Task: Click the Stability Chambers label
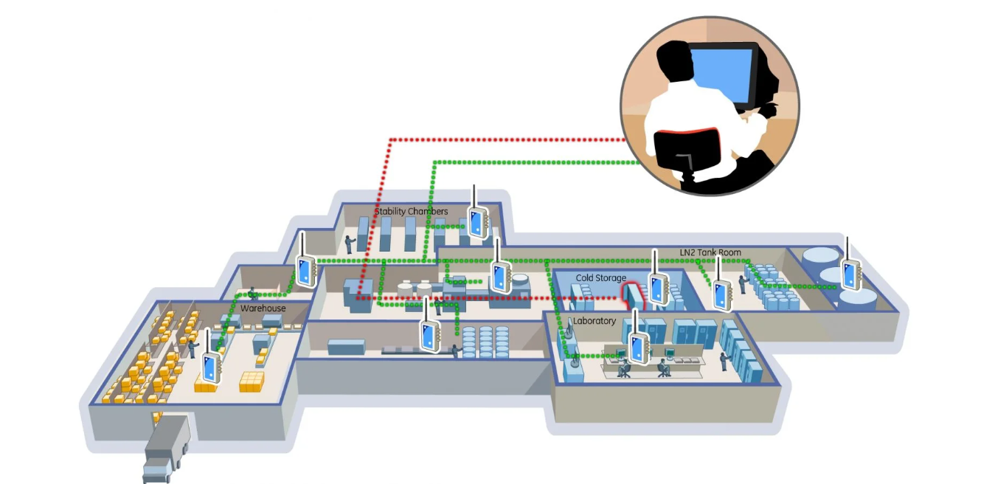[x=411, y=212]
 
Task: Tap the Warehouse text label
[x=263, y=308]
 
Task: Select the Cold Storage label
[x=601, y=278]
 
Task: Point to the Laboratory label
[x=595, y=321]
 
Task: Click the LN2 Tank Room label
[x=710, y=252]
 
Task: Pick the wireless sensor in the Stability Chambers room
[x=476, y=221]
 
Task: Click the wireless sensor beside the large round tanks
[x=852, y=274]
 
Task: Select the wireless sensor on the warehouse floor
[x=212, y=366]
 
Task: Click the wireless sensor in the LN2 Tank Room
[x=721, y=293]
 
